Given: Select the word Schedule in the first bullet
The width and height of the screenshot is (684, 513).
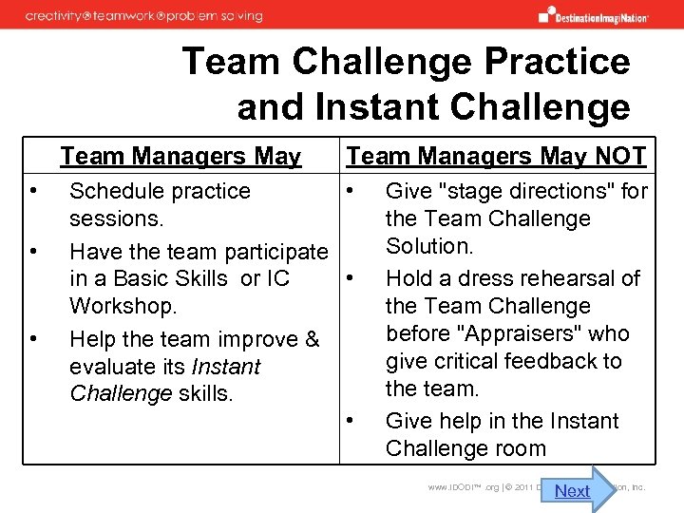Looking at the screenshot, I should [113, 191].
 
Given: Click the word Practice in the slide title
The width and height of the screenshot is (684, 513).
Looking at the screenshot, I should [557, 62].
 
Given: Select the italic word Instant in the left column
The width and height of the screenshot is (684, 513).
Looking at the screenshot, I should [225, 367].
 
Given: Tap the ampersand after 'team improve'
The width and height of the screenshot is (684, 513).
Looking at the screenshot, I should [313, 339].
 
